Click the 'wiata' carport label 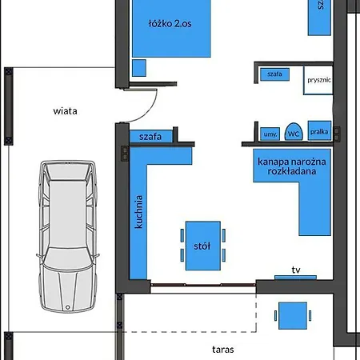click(x=66, y=111)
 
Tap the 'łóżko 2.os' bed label click(x=170, y=24)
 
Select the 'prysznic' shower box click(x=318, y=81)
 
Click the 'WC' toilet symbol click(x=294, y=134)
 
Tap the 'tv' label click(x=295, y=270)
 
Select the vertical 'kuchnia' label click(x=139, y=212)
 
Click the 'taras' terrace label click(x=223, y=349)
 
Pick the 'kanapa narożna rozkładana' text click(x=287, y=166)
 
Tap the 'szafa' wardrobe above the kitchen click(x=150, y=137)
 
